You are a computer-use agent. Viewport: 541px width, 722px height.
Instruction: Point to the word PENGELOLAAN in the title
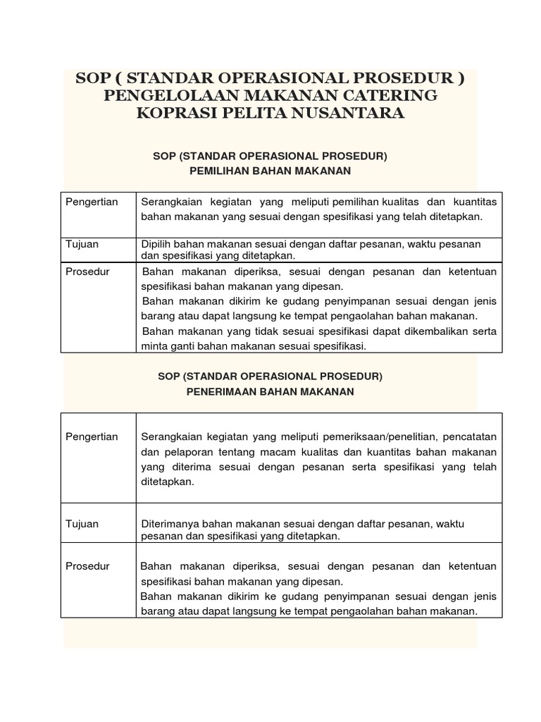tap(170, 94)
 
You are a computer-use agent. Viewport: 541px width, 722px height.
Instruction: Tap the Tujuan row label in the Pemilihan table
tap(82, 244)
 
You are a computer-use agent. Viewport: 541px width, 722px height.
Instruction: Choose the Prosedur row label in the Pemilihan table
tap(87, 271)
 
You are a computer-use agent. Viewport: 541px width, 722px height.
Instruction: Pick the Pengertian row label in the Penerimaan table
tap(92, 436)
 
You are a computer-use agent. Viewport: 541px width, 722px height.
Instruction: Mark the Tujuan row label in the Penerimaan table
tap(82, 524)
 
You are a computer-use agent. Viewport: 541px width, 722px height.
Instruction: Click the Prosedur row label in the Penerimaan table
tap(87, 566)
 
